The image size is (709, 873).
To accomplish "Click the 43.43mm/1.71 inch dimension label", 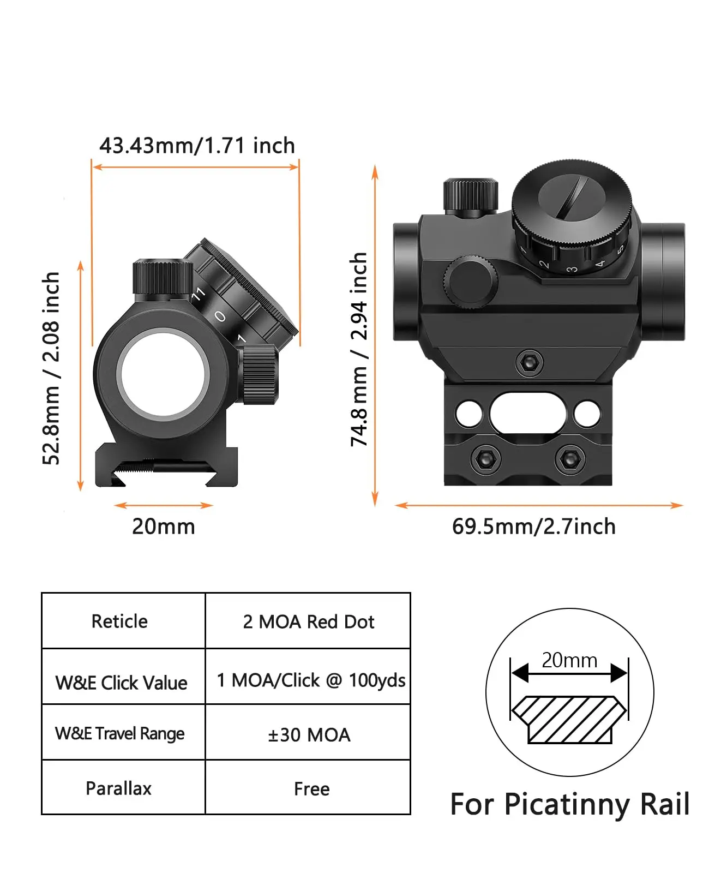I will [197, 146].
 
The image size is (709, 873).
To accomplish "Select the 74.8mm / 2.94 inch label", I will [358, 349].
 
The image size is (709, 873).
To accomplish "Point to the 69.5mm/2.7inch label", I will [533, 527].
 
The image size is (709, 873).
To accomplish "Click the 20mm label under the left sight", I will [163, 527].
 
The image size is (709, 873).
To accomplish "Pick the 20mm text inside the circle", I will [569, 660].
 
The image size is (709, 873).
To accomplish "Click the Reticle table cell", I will [119, 621].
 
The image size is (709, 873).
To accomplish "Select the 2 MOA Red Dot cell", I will [308, 621].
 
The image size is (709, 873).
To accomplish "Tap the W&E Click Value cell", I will [121, 683].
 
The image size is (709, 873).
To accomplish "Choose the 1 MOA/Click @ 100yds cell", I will [311, 680].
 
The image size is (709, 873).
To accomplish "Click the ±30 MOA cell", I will [309, 735].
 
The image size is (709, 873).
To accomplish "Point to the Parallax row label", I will [118, 788].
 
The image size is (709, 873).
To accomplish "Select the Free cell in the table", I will [311, 789].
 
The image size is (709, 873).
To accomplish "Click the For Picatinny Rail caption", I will [569, 804].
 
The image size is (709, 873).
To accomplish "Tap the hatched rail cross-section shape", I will [569, 719].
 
